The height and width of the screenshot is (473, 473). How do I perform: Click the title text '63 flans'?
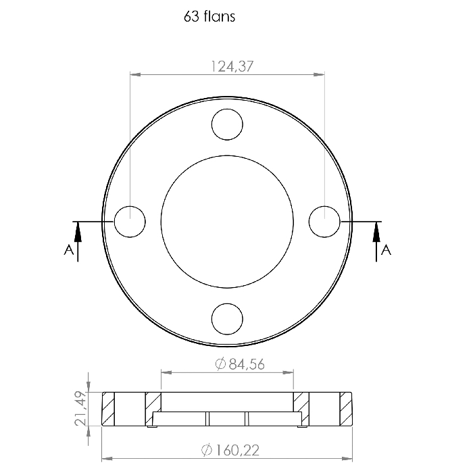(x=209, y=16)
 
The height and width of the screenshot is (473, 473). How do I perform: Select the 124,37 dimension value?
(x=232, y=66)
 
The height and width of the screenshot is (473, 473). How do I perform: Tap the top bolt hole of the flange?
(x=227, y=124)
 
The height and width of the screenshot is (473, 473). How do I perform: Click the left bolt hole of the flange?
(x=130, y=222)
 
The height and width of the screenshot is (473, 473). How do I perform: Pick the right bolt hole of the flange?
(x=324, y=222)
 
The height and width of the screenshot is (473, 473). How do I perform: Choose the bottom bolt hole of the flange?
(x=227, y=319)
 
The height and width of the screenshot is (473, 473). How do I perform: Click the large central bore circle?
(x=227, y=155)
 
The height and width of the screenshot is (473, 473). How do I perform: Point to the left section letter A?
(x=69, y=250)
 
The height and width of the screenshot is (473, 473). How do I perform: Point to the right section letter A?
(x=386, y=250)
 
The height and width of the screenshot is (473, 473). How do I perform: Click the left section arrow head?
(x=78, y=232)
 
